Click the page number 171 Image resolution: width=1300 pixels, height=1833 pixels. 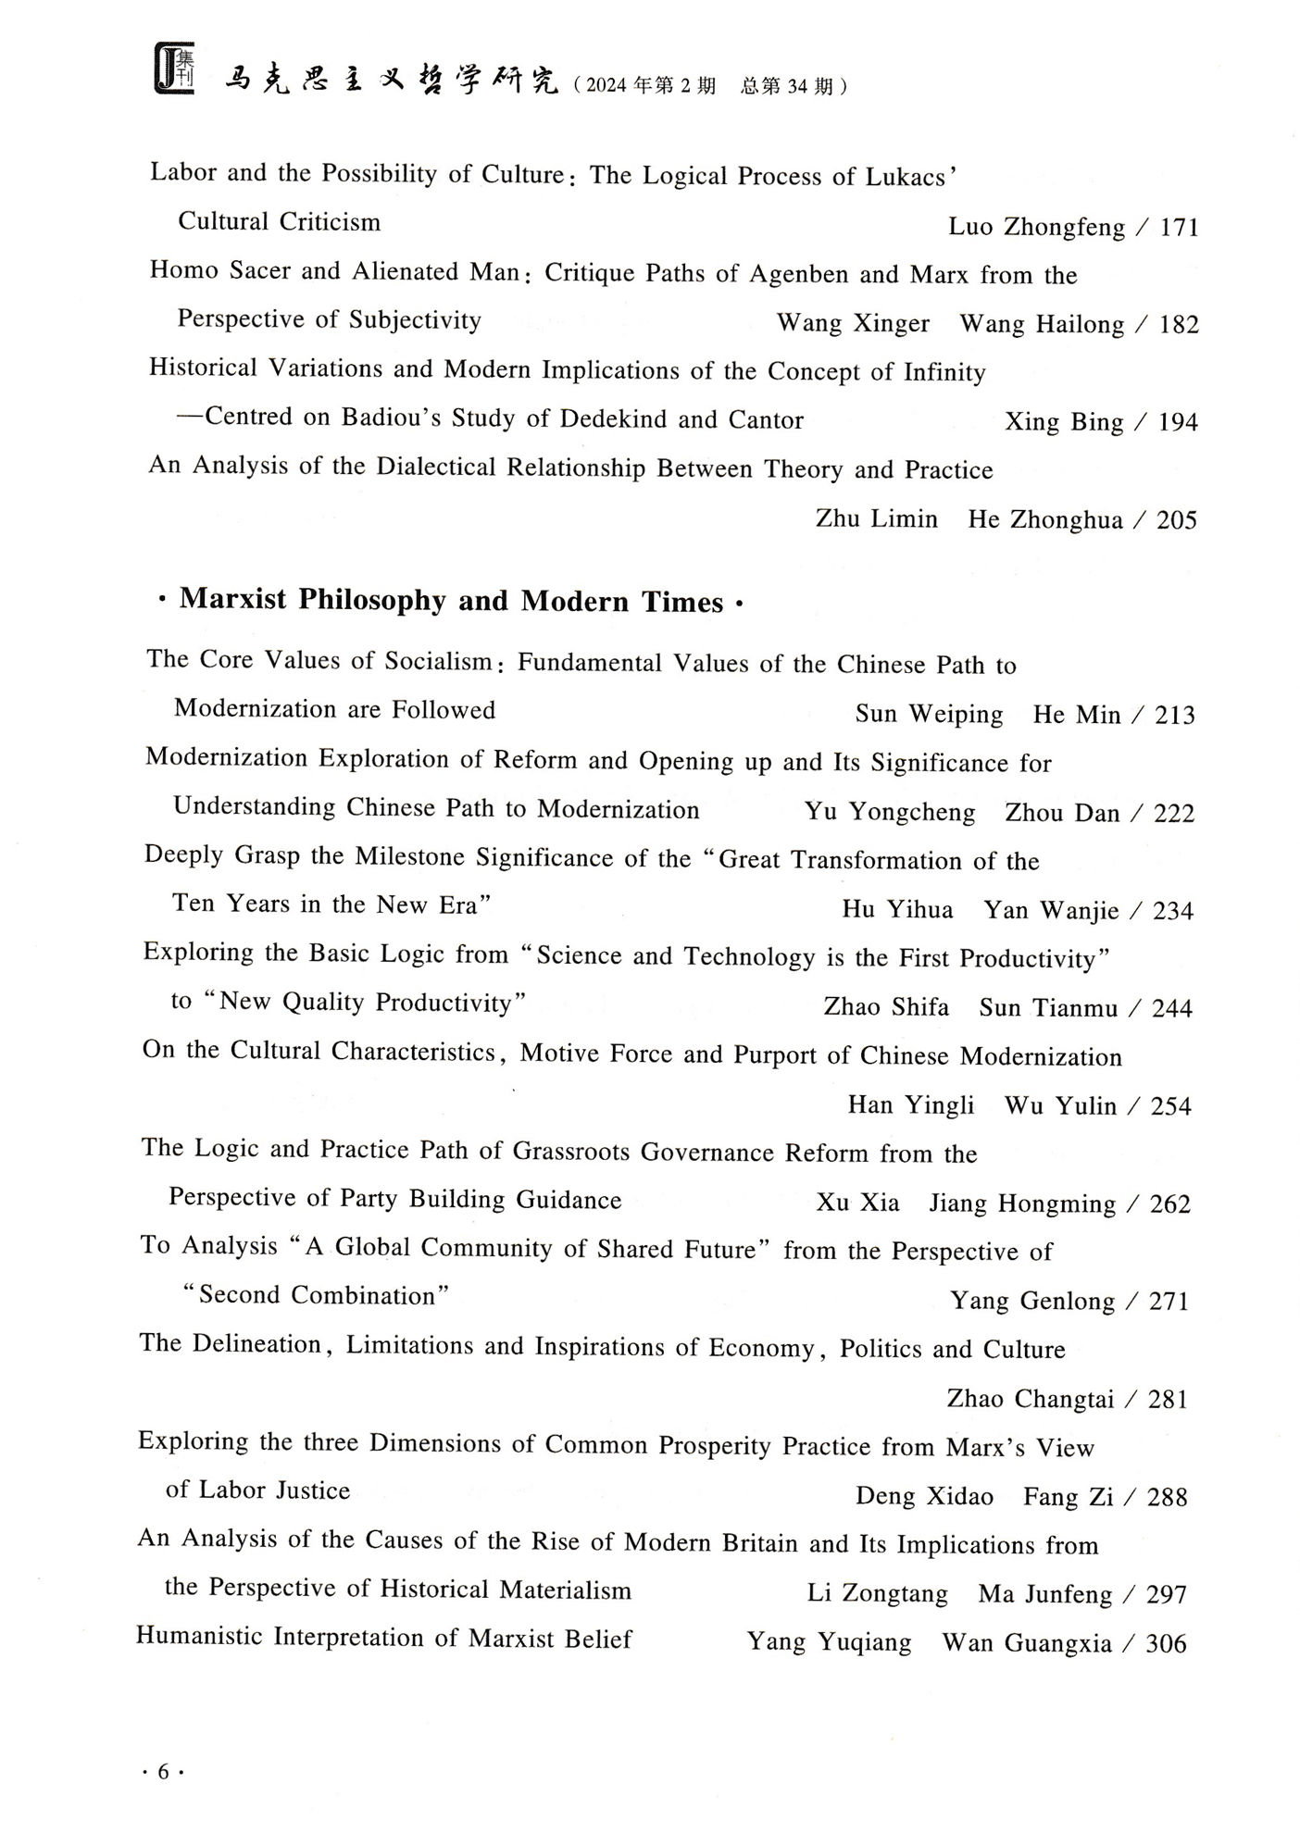1179,228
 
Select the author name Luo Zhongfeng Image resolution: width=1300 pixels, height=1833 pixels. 1037,228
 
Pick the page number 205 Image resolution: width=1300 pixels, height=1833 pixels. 1176,520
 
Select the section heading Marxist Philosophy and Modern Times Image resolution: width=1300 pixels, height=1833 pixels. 451,602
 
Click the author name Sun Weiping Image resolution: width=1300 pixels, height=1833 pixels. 929,715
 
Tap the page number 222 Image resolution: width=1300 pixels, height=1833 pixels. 1174,814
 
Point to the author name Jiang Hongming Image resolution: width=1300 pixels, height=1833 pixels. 1022,1203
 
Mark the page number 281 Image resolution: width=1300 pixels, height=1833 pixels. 1168,1399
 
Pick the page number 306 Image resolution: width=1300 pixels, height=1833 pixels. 1166,1644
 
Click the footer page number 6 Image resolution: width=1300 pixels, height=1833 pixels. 163,1772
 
